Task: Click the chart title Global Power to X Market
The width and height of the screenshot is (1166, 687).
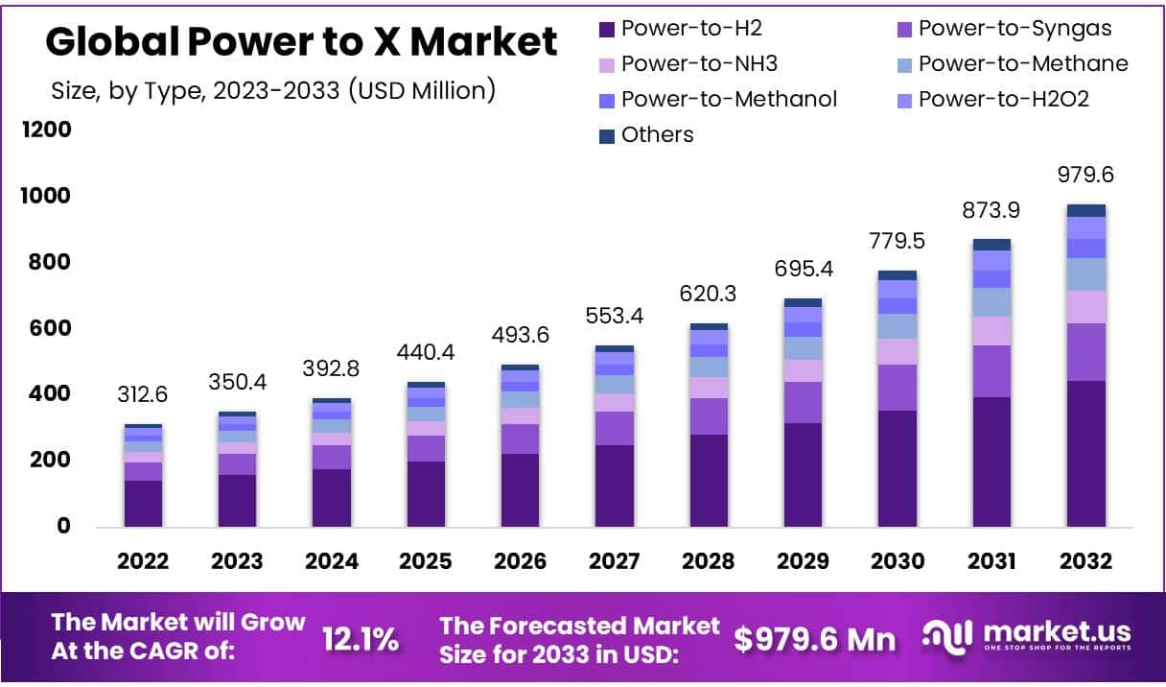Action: pos(301,42)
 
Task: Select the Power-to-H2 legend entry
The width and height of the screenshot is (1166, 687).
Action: pos(680,28)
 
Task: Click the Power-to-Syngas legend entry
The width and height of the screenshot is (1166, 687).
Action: pos(1003,28)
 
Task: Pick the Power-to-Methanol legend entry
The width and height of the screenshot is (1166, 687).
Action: pos(717,99)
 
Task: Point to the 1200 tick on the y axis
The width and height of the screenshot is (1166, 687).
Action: pos(46,129)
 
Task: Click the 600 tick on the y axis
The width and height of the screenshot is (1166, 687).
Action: pos(46,328)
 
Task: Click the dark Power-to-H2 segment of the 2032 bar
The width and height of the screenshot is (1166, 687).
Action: pos(1085,453)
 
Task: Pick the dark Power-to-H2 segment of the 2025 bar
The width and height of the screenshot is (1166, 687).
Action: pos(426,493)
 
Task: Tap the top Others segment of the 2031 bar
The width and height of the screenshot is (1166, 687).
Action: pos(991,245)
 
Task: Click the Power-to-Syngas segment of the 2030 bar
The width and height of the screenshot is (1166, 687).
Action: pos(897,388)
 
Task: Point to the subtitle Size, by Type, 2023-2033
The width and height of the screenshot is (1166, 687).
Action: pos(273,91)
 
